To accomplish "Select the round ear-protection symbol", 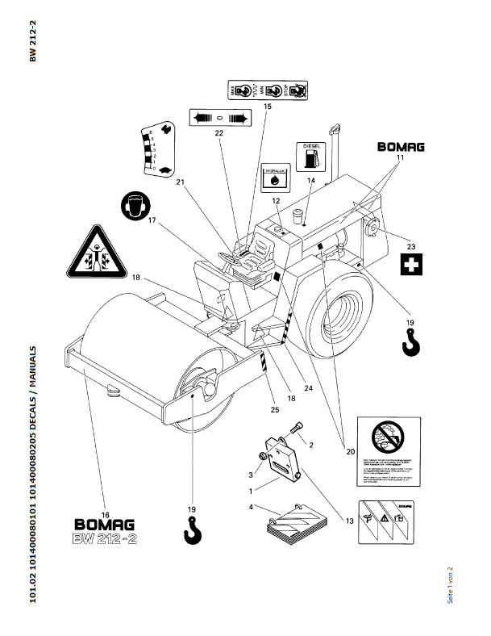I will click(x=134, y=205).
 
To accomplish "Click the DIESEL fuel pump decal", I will click(x=310, y=157).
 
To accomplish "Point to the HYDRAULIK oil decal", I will click(x=274, y=178).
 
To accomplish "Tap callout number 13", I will click(x=349, y=522).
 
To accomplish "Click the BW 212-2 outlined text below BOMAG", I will click(x=106, y=538).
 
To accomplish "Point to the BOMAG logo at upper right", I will click(x=401, y=148).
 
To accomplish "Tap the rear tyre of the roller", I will click(x=339, y=311).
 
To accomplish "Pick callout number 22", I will click(x=218, y=134).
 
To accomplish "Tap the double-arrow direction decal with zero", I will click(x=219, y=118).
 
